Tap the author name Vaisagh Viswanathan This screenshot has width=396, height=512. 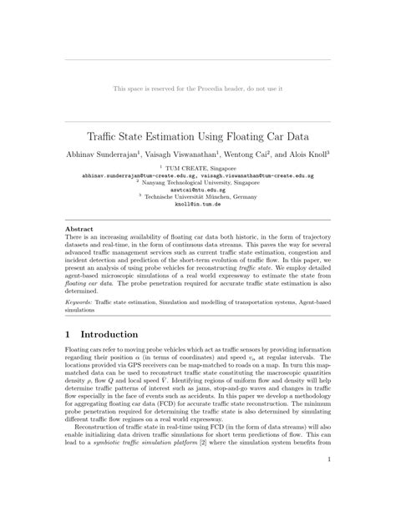coord(185,154)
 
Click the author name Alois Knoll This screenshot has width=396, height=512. coord(311,154)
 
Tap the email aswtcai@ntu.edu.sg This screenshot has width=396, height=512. coord(198,190)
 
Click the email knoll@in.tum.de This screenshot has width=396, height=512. coord(198,205)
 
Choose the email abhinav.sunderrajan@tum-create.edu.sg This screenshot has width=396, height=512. coord(139,176)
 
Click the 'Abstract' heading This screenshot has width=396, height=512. coord(79,228)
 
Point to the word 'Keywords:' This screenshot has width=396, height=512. coord(79,301)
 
